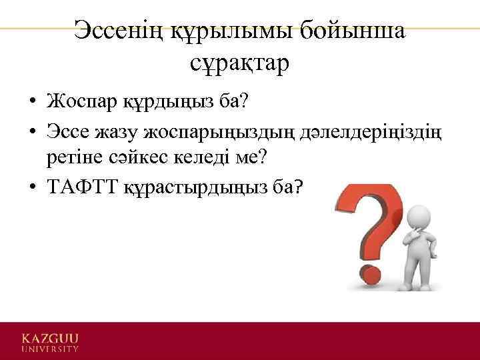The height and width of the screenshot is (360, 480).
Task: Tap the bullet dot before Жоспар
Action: point(32,103)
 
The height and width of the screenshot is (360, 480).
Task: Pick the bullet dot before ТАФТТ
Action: point(32,189)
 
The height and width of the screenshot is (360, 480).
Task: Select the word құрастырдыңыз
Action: point(193,189)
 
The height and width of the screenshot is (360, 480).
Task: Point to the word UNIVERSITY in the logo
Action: point(50,348)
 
